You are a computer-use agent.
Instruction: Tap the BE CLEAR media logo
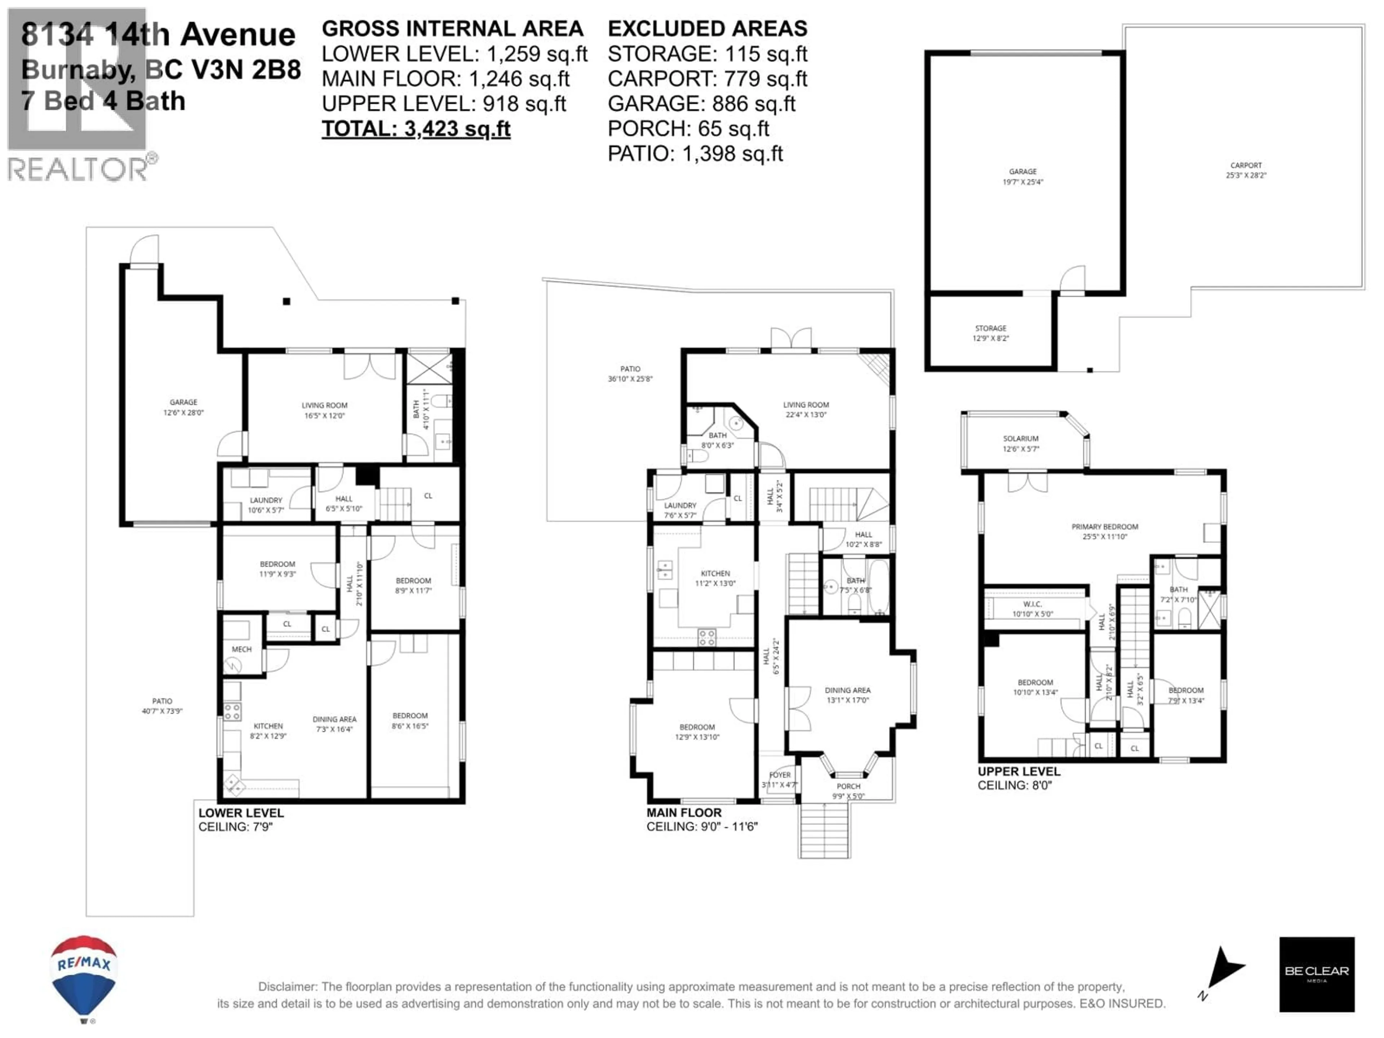pyautogui.click(x=1317, y=974)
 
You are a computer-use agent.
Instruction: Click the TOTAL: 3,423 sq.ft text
pyautogui.click(x=416, y=129)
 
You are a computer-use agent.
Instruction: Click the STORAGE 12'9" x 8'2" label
pyautogui.click(x=990, y=333)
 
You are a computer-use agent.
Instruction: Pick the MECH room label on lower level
pyautogui.click(x=241, y=649)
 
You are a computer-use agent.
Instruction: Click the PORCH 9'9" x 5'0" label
pyautogui.click(x=848, y=791)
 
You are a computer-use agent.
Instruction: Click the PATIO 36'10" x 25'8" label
pyautogui.click(x=630, y=373)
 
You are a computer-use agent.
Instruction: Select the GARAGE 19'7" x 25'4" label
pyautogui.click(x=1023, y=177)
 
